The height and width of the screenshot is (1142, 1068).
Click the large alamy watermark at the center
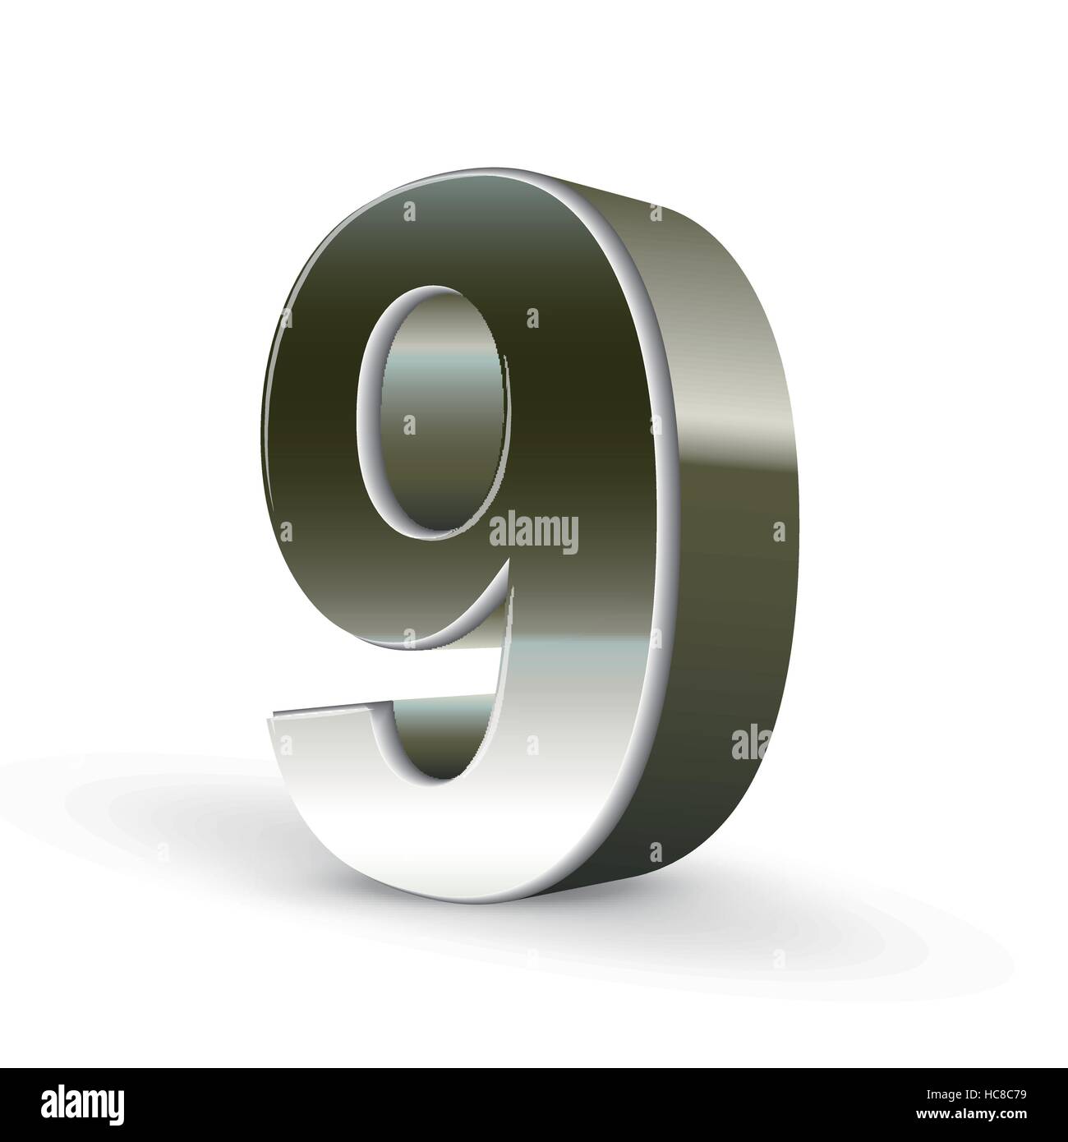point(533,532)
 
